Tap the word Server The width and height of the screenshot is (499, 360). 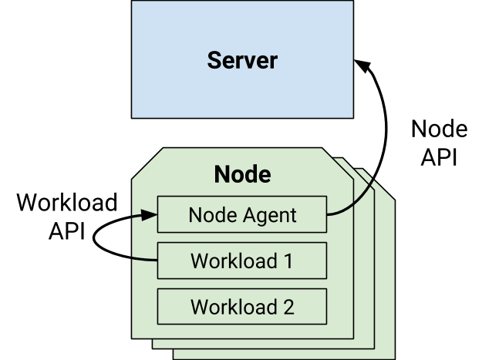point(242,60)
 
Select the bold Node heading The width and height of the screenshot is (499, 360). point(242,174)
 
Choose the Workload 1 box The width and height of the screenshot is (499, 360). point(242,261)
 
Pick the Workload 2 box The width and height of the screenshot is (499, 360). point(242,306)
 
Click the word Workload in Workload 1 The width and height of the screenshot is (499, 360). point(232,261)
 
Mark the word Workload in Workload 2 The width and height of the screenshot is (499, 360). point(232,306)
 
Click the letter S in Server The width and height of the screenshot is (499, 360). point(214,60)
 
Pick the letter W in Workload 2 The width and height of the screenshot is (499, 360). point(198,306)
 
